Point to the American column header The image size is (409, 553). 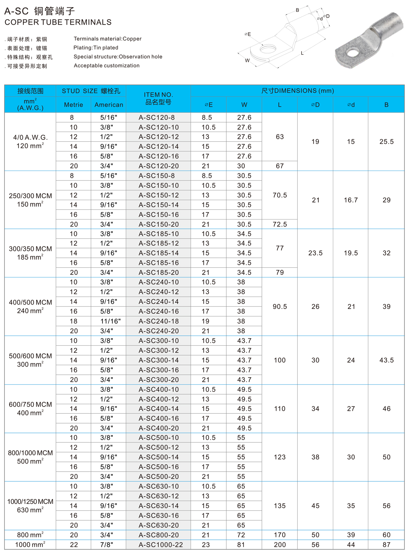coord(109,105)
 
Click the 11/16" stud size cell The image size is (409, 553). coord(110,321)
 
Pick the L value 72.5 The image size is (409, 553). coord(280,224)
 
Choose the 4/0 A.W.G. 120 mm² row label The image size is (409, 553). coord(30,142)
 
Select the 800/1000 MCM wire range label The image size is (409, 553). coord(30,457)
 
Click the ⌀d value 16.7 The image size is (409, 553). coord(351,200)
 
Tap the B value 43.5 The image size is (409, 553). coord(386,360)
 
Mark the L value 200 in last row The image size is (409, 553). coord(280,545)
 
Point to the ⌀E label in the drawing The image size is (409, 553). coord(248,34)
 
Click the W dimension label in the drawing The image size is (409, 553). coord(247,60)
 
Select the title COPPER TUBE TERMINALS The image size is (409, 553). coord(58,22)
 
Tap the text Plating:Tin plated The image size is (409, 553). coord(96,48)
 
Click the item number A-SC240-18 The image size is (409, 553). coord(158,321)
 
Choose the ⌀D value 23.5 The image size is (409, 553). coord(315,253)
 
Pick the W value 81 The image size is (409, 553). coord(241,545)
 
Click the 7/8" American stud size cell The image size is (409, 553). coord(107,545)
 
